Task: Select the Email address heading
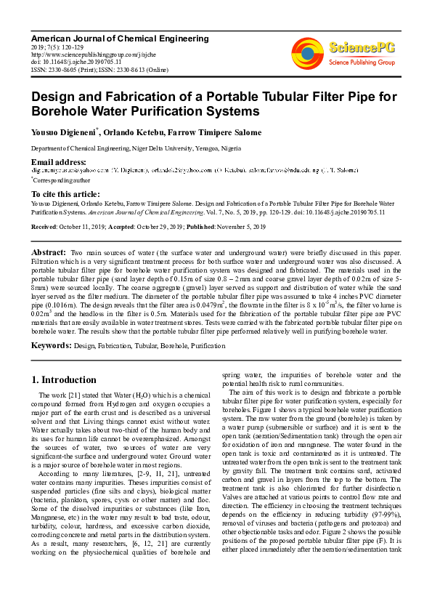tap(59, 161)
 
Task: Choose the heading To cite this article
tap(65, 194)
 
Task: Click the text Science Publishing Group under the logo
tap(362, 63)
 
